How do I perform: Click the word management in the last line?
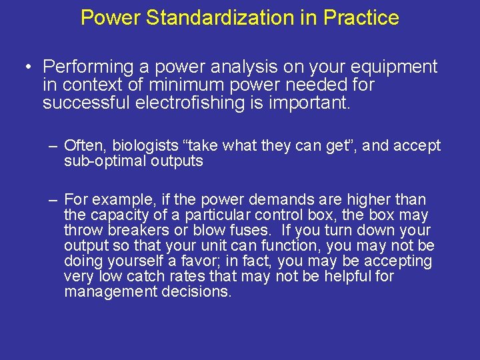pyautogui.click(x=111, y=292)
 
